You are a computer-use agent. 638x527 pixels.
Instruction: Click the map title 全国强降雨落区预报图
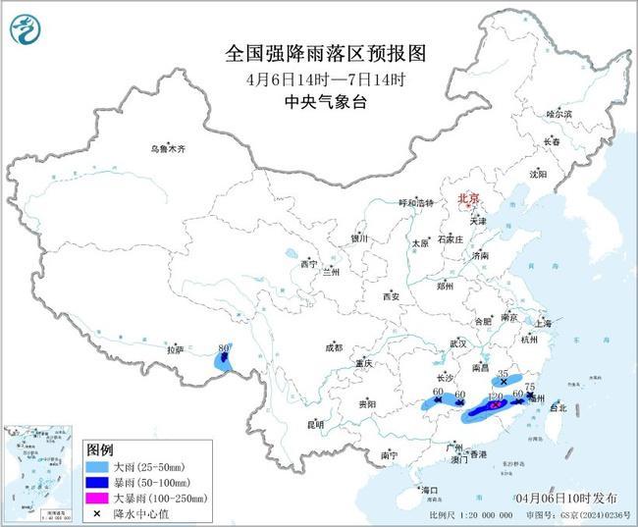pos(319,52)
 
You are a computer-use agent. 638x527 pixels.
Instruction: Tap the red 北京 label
pos(467,199)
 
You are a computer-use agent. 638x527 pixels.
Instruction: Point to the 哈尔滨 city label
pos(558,114)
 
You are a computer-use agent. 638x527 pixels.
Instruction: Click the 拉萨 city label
pos(176,348)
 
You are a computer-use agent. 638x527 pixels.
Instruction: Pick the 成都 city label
pos(334,346)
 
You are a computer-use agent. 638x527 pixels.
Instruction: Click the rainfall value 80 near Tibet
pos(225,347)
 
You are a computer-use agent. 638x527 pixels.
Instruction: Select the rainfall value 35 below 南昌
pos(505,374)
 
